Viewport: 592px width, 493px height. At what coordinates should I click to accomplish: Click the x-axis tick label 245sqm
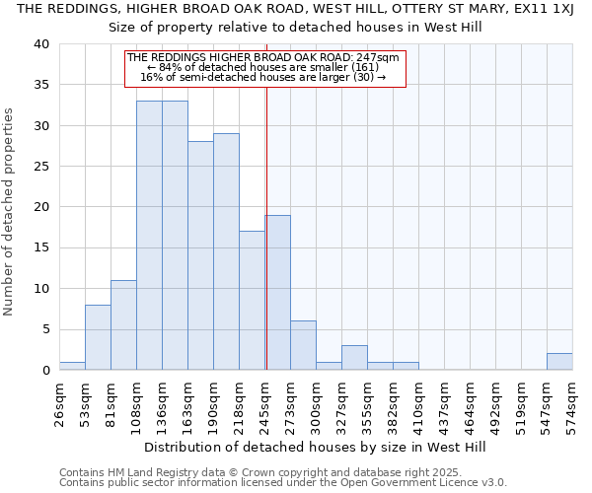click(265, 403)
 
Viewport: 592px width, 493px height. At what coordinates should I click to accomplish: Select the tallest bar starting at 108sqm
click(149, 236)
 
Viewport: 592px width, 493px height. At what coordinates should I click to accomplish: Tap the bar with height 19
click(277, 292)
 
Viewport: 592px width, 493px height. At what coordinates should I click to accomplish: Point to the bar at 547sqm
click(559, 362)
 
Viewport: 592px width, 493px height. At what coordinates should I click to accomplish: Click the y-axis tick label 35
click(41, 85)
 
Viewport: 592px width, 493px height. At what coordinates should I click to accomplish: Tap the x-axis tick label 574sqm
click(573, 403)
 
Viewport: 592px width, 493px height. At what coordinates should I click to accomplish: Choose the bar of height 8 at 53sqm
click(98, 337)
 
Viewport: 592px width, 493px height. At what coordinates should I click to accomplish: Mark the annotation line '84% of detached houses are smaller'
click(265, 67)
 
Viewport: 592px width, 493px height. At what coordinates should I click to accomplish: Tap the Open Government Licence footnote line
click(283, 482)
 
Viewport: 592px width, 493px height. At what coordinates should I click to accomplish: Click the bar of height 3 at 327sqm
click(354, 358)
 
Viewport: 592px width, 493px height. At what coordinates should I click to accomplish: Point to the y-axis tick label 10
click(41, 289)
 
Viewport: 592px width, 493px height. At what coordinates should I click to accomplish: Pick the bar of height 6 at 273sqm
click(303, 345)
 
